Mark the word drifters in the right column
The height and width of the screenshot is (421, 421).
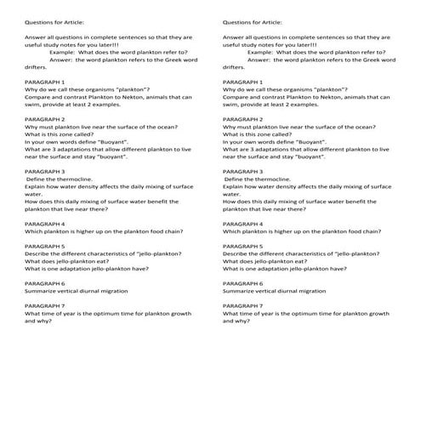pos(234,67)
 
